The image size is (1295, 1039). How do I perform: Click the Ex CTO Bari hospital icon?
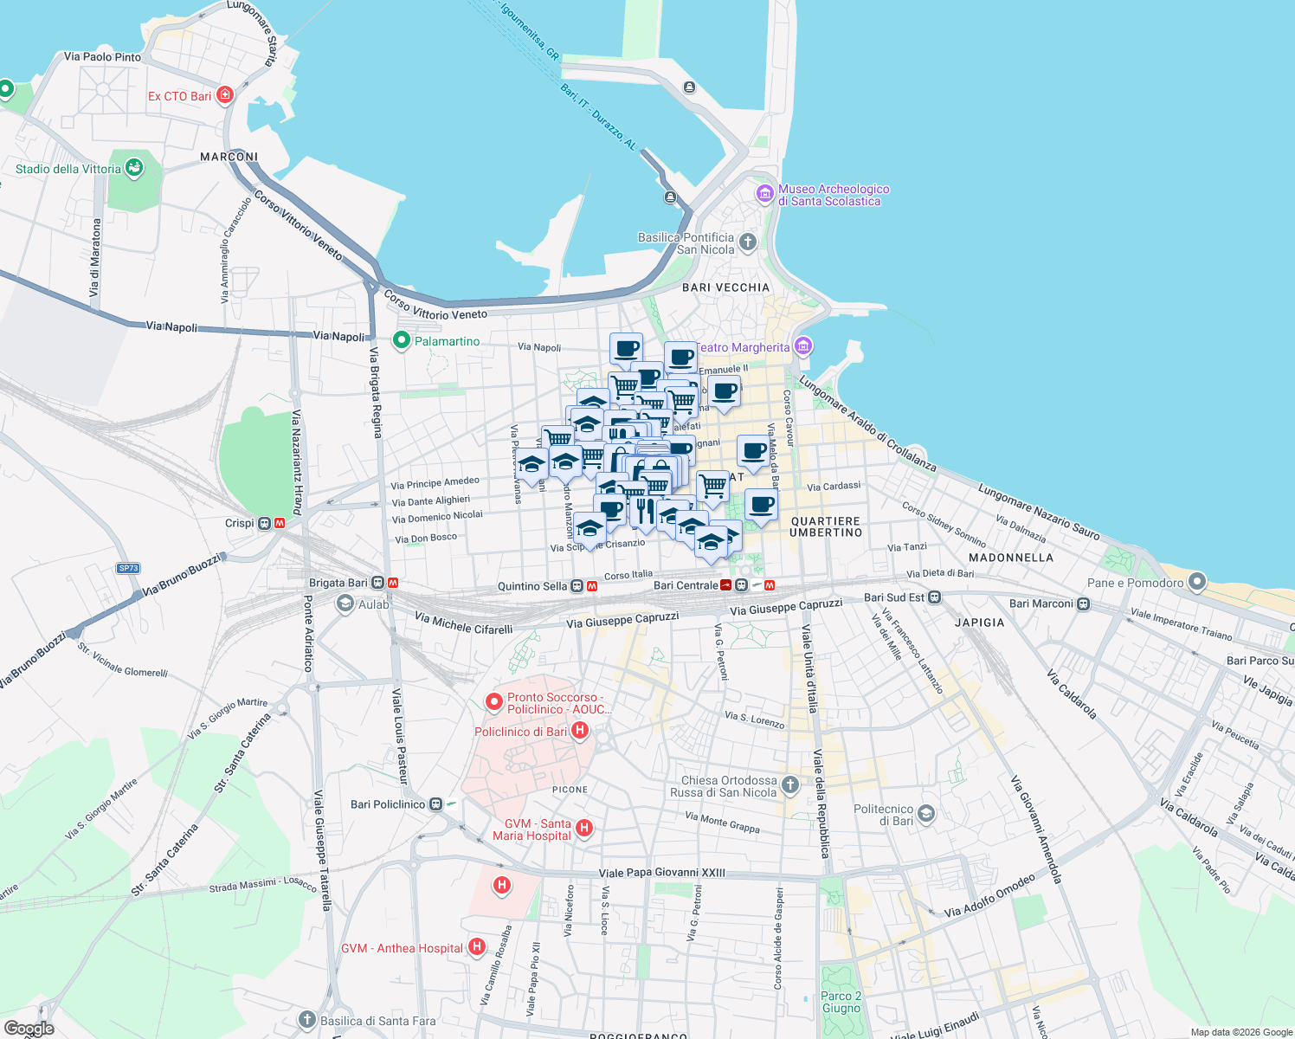pyautogui.click(x=225, y=95)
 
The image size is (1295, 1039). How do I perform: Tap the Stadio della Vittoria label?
pyautogui.click(x=68, y=169)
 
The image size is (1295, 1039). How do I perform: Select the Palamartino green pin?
pyautogui.click(x=401, y=341)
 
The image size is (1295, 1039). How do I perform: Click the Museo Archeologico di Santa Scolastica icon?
pyautogui.click(x=765, y=193)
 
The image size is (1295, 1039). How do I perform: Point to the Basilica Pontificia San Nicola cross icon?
pyautogui.click(x=748, y=242)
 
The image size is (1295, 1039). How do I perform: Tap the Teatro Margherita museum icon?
pyautogui.click(x=803, y=347)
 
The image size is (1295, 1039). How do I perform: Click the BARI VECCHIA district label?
pyautogui.click(x=725, y=287)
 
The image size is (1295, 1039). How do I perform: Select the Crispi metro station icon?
pyautogui.click(x=266, y=523)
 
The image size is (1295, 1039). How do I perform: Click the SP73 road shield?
pyautogui.click(x=128, y=568)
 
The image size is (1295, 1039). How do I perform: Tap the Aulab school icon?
pyautogui.click(x=345, y=603)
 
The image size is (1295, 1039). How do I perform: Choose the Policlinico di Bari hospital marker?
pyautogui.click(x=580, y=732)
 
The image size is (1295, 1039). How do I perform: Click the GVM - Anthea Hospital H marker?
pyautogui.click(x=476, y=947)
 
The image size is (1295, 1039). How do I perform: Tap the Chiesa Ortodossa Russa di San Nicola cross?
pyautogui.click(x=789, y=785)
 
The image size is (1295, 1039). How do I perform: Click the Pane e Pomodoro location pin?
pyautogui.click(x=1196, y=582)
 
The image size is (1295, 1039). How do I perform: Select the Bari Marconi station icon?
pyautogui.click(x=1084, y=603)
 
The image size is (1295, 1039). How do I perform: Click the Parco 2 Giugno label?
pyautogui.click(x=841, y=1002)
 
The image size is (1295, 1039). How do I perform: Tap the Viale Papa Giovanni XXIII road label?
pyautogui.click(x=662, y=873)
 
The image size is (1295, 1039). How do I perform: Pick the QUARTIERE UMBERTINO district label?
pyautogui.click(x=826, y=526)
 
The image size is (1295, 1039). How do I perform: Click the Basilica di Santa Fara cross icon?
pyautogui.click(x=307, y=1020)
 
